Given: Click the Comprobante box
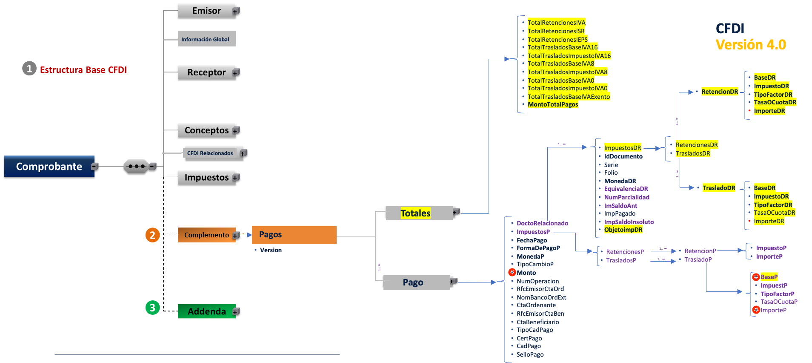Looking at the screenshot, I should point(49,166).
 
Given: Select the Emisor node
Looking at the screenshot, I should point(206,11).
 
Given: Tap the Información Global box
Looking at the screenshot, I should point(206,39).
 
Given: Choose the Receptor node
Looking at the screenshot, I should point(206,72).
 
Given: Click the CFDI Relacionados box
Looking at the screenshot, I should point(210,153).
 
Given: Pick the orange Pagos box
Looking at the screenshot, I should point(294,235).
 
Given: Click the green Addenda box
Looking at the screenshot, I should point(207,311).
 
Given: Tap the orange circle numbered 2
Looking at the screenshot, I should point(152,235).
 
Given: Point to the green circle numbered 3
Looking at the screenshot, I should point(152,308).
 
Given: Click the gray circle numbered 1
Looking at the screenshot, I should point(29,68).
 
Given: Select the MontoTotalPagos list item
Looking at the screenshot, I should point(553,104).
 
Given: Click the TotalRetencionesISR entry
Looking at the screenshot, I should point(556,31).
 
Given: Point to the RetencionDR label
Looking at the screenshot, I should point(720,92).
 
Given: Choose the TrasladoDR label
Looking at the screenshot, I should point(719,188).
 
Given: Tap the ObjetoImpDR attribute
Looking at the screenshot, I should point(623,230).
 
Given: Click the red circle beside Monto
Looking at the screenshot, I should point(512,272).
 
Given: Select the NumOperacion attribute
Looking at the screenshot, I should point(538,281).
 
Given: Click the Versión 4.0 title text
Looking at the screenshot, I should point(751,45).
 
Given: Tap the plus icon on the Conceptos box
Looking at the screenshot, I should point(236,130).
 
